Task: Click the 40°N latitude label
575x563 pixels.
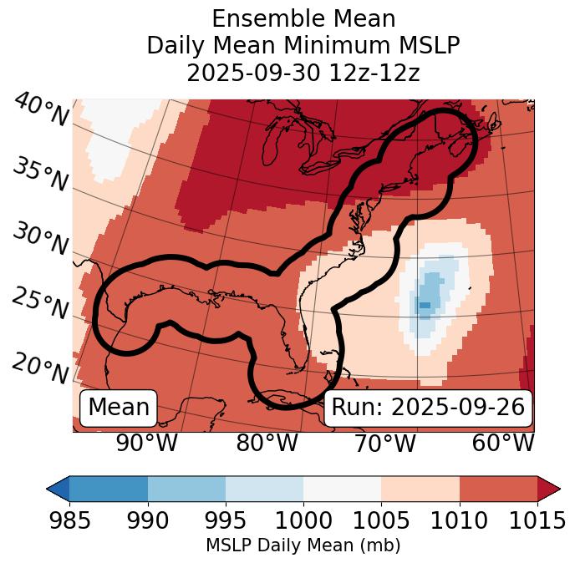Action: click(41, 110)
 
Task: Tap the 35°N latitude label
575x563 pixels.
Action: click(40, 175)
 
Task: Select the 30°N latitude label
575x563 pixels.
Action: click(40, 240)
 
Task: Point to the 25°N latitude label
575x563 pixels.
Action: click(40, 303)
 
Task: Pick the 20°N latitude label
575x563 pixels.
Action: click(40, 367)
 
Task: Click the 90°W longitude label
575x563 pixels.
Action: click(147, 443)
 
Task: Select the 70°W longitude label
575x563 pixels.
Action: click(384, 443)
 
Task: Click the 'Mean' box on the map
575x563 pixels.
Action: click(119, 408)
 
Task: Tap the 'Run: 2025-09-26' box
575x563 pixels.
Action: click(428, 408)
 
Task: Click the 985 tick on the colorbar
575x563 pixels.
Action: click(69, 520)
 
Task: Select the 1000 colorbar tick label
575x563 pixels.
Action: click(303, 520)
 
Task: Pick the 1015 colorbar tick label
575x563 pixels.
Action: click(536, 520)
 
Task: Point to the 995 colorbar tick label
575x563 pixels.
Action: click(225, 520)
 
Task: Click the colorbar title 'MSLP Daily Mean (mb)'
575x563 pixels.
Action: click(303, 546)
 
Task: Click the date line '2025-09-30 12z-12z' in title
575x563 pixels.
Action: click(303, 73)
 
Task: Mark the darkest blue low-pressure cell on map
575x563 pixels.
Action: click(425, 305)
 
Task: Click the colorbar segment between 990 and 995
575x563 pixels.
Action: click(186, 488)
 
